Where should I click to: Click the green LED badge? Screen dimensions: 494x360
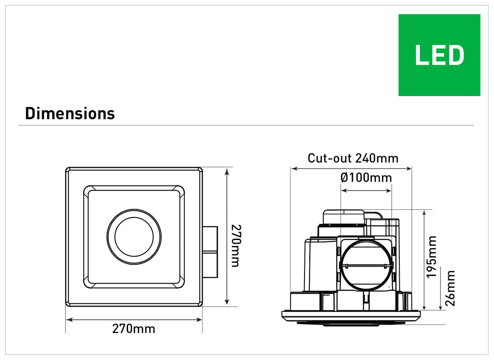tap(439, 55)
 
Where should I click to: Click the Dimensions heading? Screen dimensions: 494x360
tap(70, 114)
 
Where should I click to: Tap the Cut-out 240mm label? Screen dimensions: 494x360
tap(353, 158)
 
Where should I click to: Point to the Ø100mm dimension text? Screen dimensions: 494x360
tap(366, 178)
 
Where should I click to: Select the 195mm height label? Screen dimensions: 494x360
tap(431, 257)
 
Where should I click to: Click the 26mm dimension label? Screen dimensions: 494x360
tap(450, 288)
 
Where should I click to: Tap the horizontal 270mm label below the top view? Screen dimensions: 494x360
tap(134, 329)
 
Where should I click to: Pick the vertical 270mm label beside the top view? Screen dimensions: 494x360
tap(236, 246)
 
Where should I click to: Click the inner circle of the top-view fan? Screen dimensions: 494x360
tap(134, 236)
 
